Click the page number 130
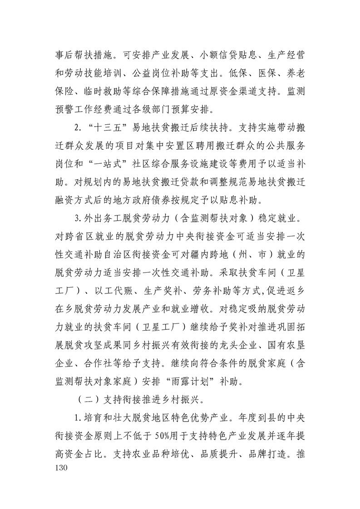pyautogui.click(x=59, y=467)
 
